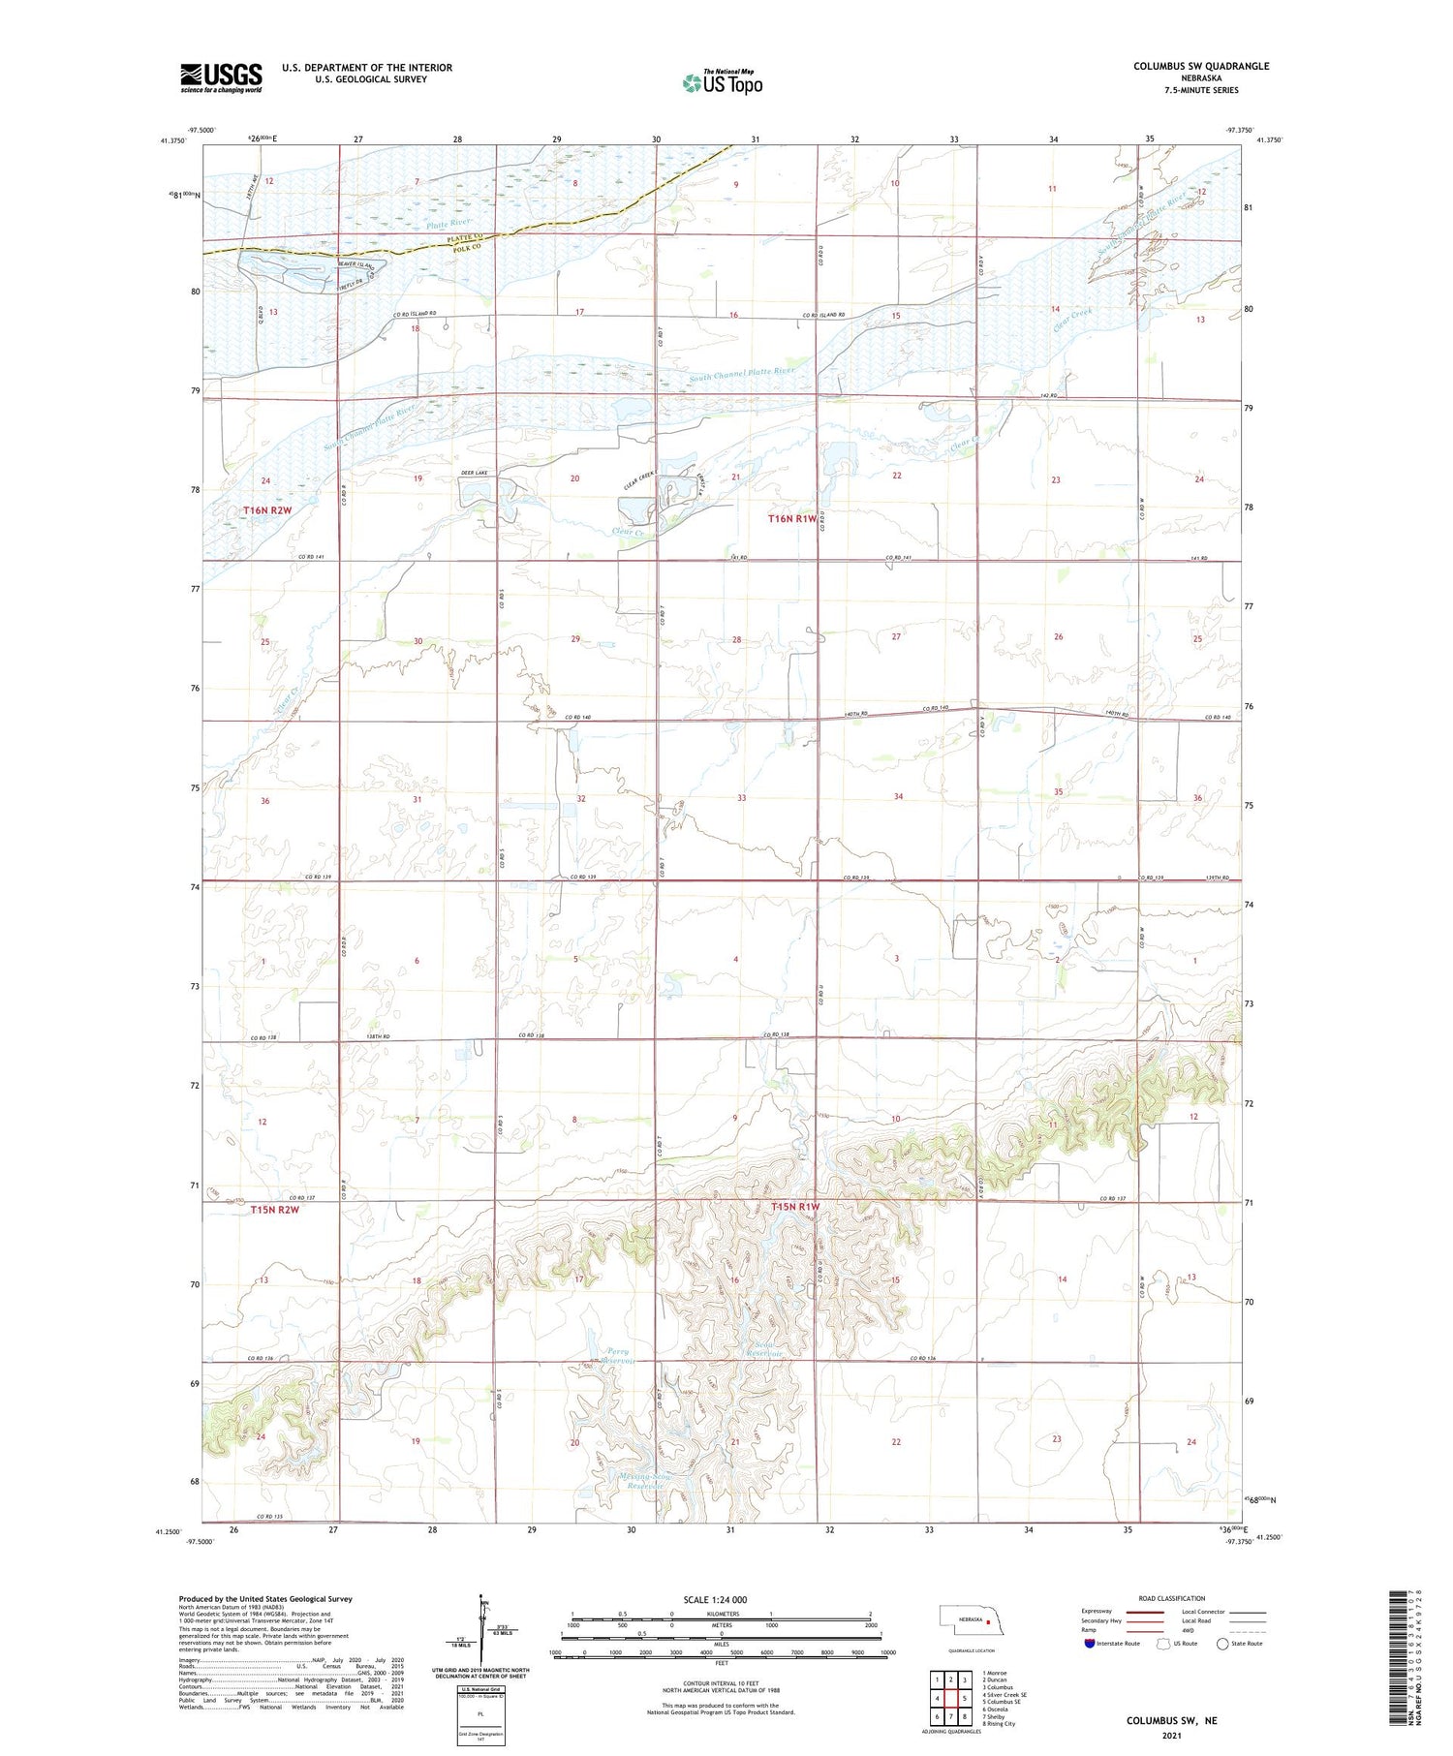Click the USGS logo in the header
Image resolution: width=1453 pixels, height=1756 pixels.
pos(221,77)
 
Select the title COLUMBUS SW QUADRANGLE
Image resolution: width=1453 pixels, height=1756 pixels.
pos(1200,66)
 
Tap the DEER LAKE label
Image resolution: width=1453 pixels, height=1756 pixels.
pos(474,473)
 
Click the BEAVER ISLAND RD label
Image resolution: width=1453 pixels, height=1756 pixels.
pos(358,263)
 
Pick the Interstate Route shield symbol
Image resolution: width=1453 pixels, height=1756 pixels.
pos(1090,1644)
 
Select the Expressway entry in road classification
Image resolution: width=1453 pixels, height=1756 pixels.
pos(1098,1612)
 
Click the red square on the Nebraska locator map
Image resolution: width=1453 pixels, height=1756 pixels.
pos(989,1618)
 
